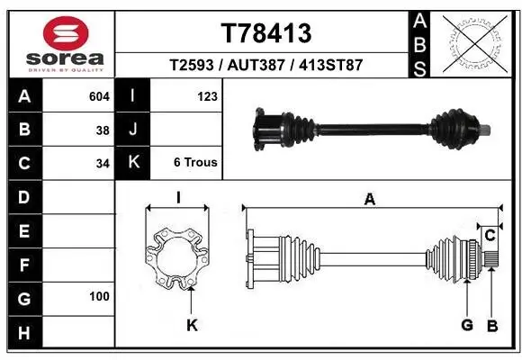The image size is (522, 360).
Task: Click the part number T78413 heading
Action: click(266, 33)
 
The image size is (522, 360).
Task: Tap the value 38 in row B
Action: click(102, 129)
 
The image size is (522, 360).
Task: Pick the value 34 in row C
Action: click(102, 163)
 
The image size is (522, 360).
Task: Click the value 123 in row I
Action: click(207, 95)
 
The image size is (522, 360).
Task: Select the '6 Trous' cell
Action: click(194, 163)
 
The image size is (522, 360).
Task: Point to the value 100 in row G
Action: click(99, 296)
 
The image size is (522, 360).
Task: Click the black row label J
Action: click(133, 129)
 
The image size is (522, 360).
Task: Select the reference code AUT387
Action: click(266, 66)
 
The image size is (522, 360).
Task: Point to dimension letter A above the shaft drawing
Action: click(369, 200)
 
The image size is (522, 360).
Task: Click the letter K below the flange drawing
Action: click(192, 326)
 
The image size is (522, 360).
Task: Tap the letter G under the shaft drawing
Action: click(466, 324)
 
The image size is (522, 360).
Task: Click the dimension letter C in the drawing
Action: click(490, 236)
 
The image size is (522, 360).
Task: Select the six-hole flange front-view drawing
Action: click(177, 260)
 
